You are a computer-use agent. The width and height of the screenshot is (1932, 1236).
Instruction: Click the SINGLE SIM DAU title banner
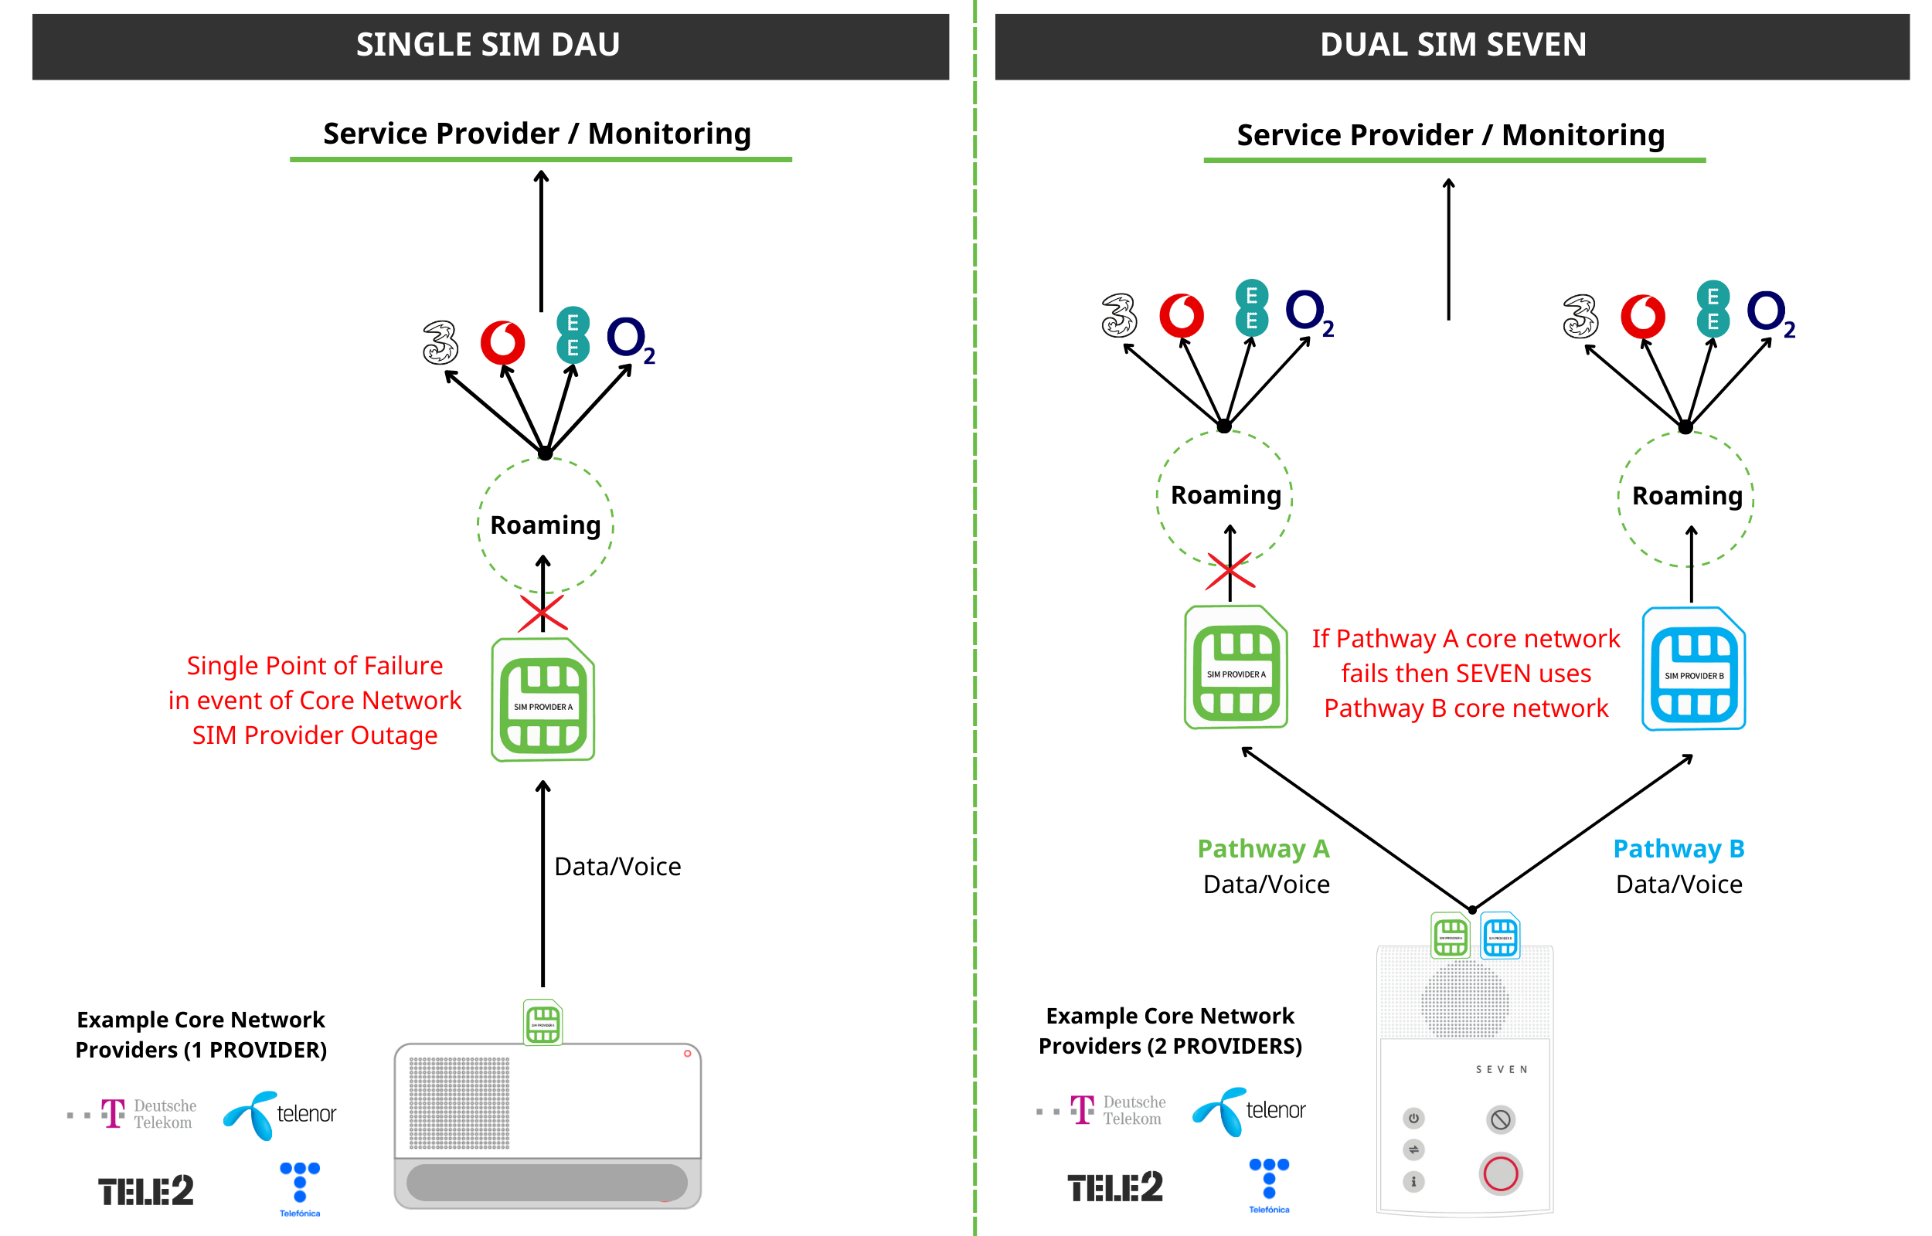490,46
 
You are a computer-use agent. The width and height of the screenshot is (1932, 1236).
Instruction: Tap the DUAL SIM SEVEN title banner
1452,46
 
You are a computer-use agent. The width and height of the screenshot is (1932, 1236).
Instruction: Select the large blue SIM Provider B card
1694,669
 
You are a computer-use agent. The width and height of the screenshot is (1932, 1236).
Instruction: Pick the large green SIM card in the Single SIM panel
543,700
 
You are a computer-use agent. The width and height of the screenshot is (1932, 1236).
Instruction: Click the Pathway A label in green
1263,848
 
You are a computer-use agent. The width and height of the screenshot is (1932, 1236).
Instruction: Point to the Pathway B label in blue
1679,848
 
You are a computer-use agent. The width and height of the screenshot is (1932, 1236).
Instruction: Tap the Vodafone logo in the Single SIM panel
502,343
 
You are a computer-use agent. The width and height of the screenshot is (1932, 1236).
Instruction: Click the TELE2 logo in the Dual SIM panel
1114,1187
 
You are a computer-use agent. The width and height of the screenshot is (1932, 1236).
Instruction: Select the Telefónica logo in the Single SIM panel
299,1189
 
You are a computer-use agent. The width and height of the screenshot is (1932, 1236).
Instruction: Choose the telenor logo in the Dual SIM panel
1249,1111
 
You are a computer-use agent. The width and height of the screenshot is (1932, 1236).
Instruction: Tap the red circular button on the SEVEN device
1500,1174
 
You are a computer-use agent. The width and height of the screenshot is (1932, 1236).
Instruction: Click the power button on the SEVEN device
1413,1118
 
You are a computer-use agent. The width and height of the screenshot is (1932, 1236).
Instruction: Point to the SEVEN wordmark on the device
1501,1069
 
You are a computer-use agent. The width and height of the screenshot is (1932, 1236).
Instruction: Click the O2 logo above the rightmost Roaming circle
1770,313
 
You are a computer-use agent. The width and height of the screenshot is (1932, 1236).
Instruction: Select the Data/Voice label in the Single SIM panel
617,867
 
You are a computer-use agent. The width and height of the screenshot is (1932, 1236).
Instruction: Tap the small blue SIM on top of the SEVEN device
1499,935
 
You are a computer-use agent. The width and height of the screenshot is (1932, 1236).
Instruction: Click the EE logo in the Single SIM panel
573,335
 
